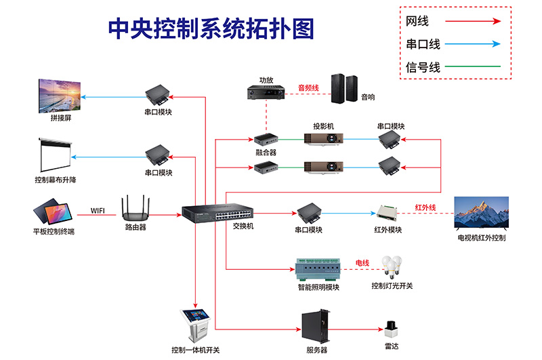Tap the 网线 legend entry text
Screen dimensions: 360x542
click(417, 22)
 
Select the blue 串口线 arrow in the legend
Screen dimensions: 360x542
click(474, 45)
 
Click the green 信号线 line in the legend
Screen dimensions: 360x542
click(474, 67)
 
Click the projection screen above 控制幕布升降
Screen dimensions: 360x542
click(55, 155)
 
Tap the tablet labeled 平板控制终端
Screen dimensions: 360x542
click(54, 212)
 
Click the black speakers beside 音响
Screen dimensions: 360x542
click(343, 88)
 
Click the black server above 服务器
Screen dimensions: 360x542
click(317, 327)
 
